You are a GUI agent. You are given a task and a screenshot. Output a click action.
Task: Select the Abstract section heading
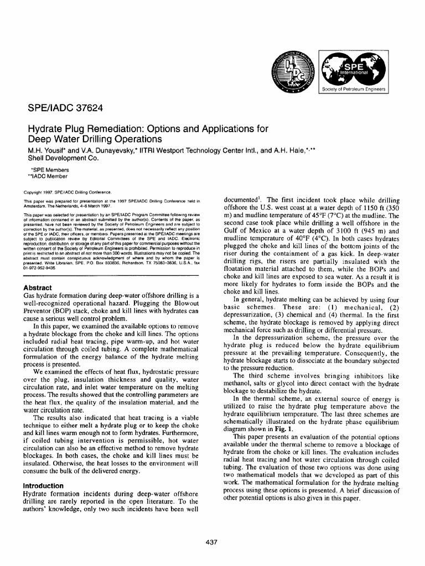(38, 287)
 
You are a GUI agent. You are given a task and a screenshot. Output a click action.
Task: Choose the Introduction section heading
(45, 486)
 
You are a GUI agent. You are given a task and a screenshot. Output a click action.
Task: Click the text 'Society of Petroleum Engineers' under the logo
(354, 89)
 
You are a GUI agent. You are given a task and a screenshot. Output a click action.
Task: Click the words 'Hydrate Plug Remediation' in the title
(91, 129)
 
